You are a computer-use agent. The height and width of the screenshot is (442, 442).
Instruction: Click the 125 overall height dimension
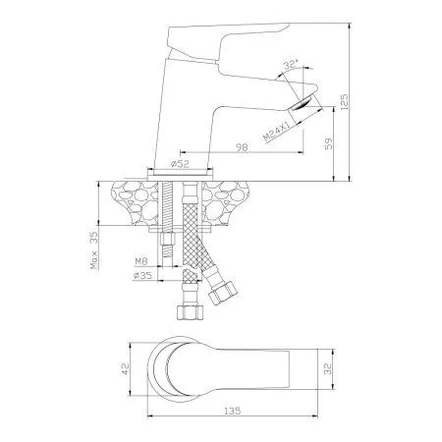(x=344, y=102)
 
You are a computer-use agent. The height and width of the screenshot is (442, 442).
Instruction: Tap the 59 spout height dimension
(x=328, y=142)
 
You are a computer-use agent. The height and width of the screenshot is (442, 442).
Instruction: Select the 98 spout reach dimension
(x=242, y=147)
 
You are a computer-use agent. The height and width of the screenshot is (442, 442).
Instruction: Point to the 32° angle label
(x=291, y=64)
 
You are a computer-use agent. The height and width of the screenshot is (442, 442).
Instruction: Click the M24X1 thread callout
(x=277, y=132)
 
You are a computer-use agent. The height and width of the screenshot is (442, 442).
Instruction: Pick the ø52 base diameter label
(x=180, y=164)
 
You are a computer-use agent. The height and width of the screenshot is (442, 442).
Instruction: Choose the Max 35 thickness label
(x=94, y=249)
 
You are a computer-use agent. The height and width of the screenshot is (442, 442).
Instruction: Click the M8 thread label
(x=141, y=261)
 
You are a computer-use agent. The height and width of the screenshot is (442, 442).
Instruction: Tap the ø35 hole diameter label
(x=142, y=275)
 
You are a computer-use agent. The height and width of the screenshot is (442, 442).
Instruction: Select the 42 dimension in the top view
(x=126, y=368)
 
